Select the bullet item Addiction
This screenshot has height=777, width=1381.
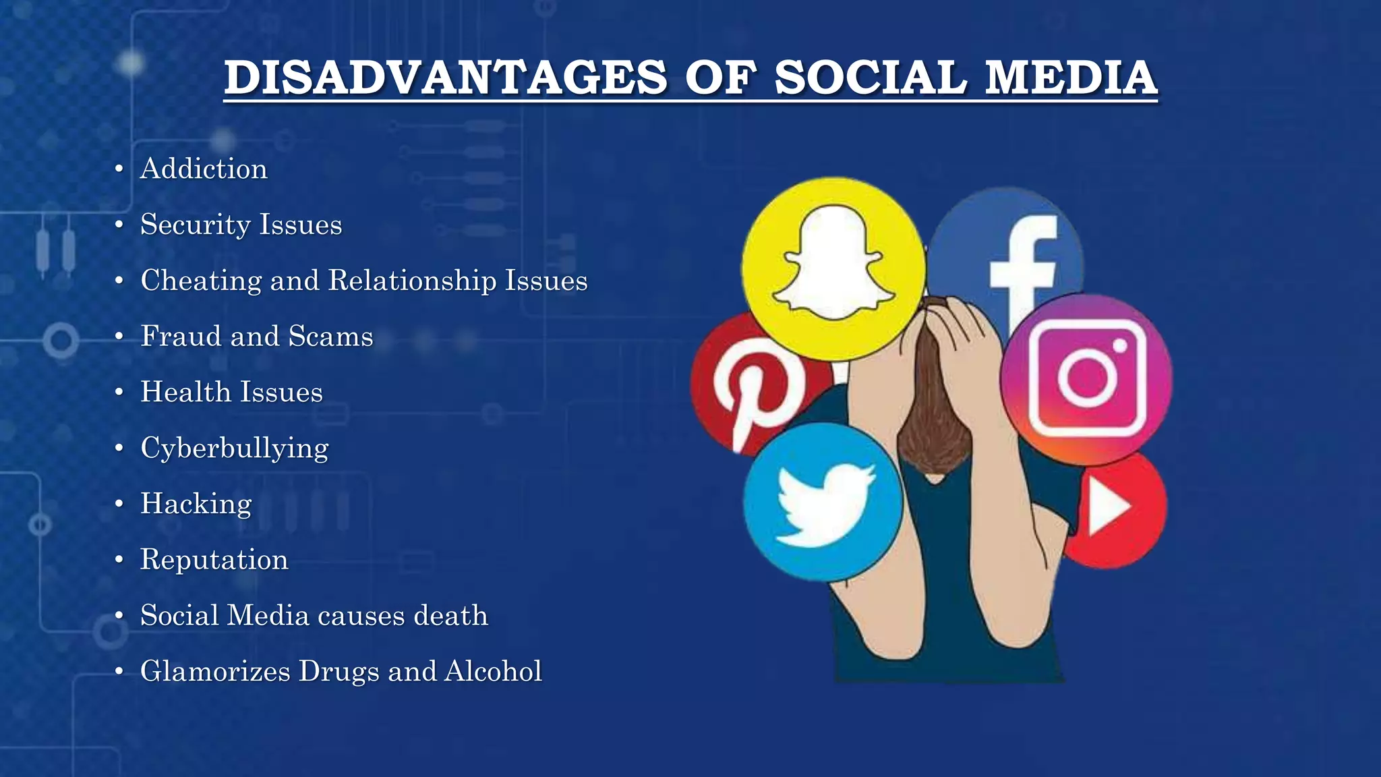pyautogui.click(x=204, y=169)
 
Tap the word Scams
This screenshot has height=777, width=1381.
pyautogui.click(x=330, y=336)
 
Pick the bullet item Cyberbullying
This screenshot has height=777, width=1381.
pyautogui.click(x=235, y=449)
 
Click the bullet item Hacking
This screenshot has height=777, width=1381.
pyautogui.click(x=196, y=504)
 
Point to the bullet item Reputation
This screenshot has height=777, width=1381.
pyautogui.click(x=214, y=560)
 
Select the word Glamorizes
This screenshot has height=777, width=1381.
pyautogui.click(x=215, y=671)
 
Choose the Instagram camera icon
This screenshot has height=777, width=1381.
pyautogui.click(x=1087, y=378)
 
